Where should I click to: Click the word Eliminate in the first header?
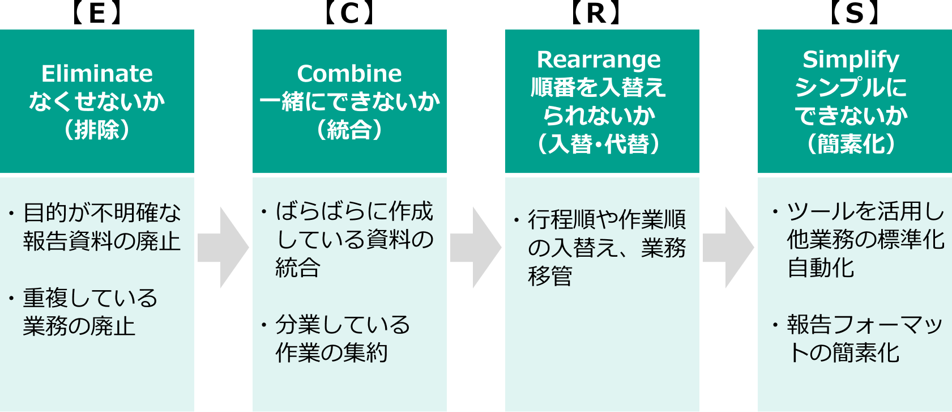pyautogui.click(x=97, y=74)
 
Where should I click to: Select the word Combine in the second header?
pyautogui.click(x=349, y=74)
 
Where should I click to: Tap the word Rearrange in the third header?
pyautogui.click(x=599, y=60)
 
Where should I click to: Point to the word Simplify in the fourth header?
pyautogui.click(x=851, y=60)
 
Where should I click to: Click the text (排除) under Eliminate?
pyautogui.click(x=97, y=130)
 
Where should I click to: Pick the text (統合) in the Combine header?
pyautogui.click(x=349, y=130)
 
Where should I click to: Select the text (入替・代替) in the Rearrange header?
pyautogui.click(x=599, y=144)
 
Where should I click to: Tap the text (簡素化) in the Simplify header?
pyautogui.click(x=851, y=144)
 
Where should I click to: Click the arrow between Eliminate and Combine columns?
pyautogui.click(x=223, y=248)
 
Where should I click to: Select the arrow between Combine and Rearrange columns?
pyautogui.click(x=475, y=248)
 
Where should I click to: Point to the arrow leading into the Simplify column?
pyautogui.click(x=728, y=248)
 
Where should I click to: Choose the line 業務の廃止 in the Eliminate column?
pyautogui.click(x=79, y=326)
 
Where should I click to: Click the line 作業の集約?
pyautogui.click(x=332, y=352)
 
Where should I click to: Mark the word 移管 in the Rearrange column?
pyautogui.click(x=550, y=276)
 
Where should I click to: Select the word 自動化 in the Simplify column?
pyautogui.click(x=821, y=267)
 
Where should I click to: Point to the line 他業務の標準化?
pyautogui.click(x=865, y=240)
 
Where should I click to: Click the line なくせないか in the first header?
pyautogui.click(x=97, y=102)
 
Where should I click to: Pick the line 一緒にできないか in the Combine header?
pyautogui.click(x=349, y=102)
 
